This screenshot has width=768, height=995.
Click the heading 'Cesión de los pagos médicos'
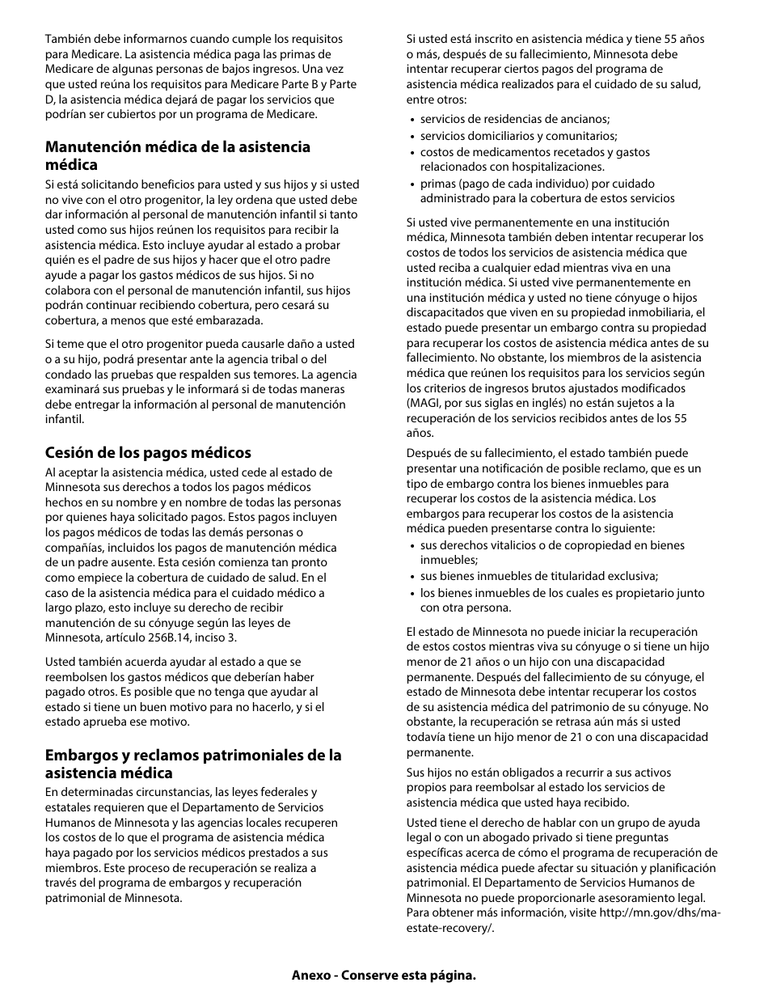point(148,453)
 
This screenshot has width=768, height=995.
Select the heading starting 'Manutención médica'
point(177,155)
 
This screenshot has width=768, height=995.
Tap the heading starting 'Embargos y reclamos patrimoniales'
point(193,764)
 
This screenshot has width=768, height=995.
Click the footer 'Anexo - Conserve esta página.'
point(383,975)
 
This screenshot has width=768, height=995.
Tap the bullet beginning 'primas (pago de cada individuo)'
point(546,191)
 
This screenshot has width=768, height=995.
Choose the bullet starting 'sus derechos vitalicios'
point(551,553)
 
